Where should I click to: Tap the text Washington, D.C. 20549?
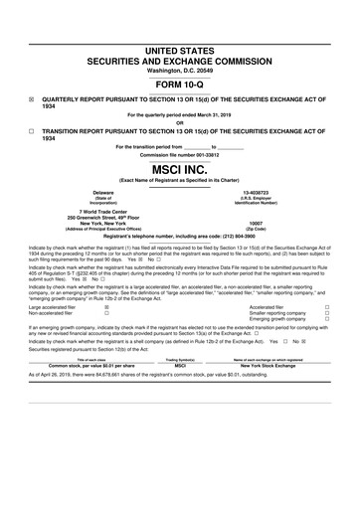point(180,71)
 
